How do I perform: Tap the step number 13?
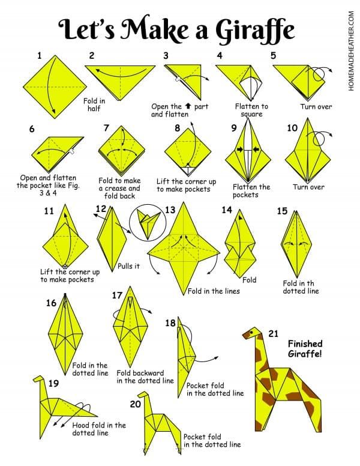pos(170,210)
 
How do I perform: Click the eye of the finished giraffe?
pos(252,331)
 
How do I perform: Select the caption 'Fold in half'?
pos(94,104)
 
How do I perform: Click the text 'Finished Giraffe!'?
pos(305,349)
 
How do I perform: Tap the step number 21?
pos(273,334)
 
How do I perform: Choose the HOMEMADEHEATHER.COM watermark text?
pos(352,51)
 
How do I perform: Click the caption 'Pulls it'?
pos(128,266)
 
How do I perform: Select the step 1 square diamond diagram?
pos(55,87)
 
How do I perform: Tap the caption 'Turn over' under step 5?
pos(316,107)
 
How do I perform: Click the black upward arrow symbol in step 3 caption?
pos(188,106)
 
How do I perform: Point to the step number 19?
pos(53,383)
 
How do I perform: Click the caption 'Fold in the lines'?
pos(214,291)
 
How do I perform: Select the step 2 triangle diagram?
pos(120,83)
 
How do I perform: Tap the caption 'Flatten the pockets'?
pos(251,191)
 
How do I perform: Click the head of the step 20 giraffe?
pos(143,395)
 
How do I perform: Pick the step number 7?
pos(106,128)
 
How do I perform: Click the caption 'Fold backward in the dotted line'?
pos(145,377)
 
